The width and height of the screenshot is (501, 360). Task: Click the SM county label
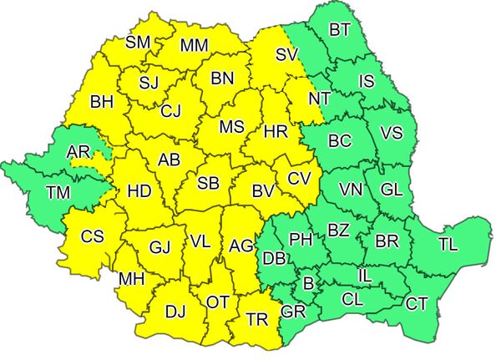point(139,42)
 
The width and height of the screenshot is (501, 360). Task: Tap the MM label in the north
point(194,44)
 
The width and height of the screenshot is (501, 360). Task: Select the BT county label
point(339,31)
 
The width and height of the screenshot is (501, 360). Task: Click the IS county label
point(367,81)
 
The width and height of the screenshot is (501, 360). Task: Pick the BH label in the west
point(101,103)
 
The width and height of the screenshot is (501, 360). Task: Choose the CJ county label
point(171,110)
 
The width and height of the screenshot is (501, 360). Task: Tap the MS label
point(231,127)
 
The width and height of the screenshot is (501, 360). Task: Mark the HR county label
point(276,132)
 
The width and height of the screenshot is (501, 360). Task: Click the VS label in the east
point(391,133)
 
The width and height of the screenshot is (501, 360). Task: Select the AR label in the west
point(78,152)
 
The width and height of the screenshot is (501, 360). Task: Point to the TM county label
point(58,193)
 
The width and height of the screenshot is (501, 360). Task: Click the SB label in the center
point(209,183)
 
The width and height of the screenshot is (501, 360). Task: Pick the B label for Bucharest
point(308,284)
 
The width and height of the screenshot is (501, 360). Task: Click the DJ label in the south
point(175,312)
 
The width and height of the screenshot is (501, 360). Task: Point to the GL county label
point(391,189)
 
